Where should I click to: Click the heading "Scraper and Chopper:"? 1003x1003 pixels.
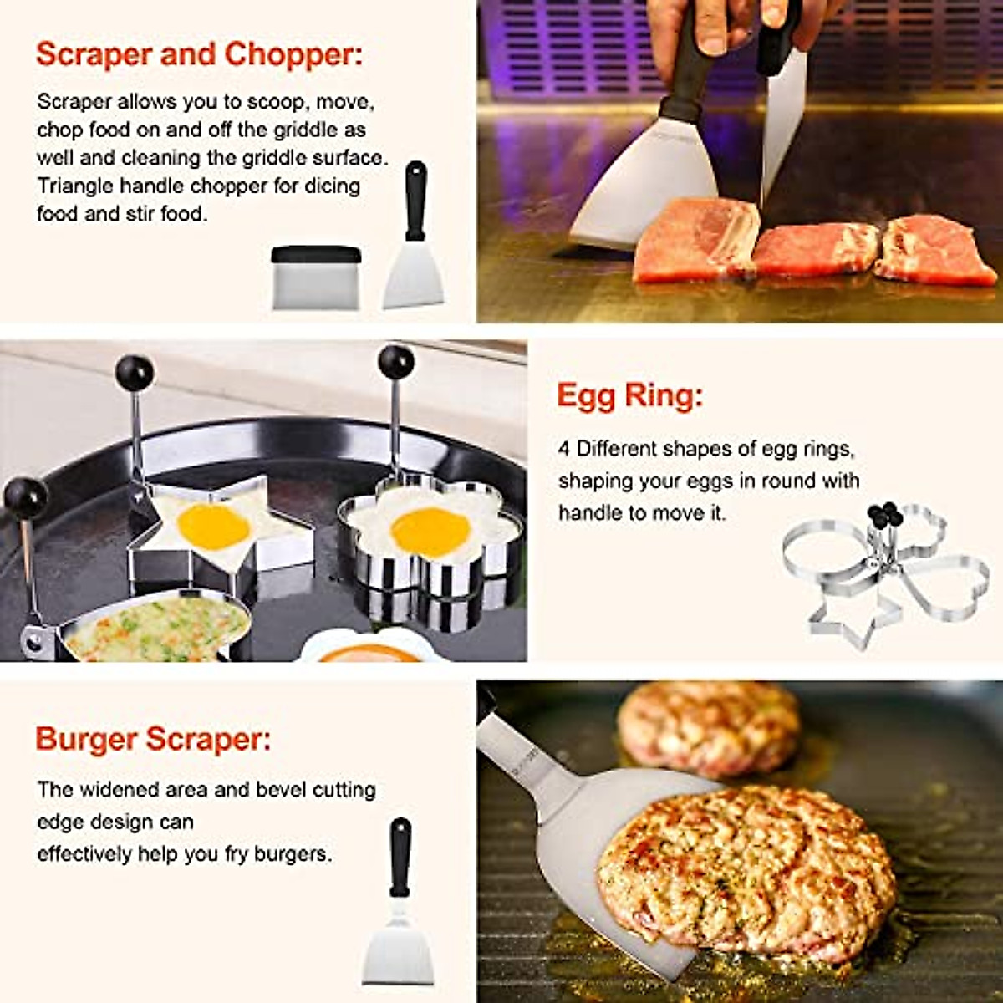pos(200,54)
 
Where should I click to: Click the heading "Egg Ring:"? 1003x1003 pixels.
pos(629,395)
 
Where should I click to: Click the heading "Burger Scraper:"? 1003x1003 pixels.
pos(153,739)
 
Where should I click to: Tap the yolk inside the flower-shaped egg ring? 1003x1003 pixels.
pos(430,532)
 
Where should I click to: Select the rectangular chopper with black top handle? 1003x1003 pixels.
pos(316,277)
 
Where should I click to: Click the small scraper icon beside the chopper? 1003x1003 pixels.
pos(414,242)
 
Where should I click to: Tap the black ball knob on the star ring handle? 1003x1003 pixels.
pos(135,373)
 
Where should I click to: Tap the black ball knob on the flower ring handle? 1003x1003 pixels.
pos(395,362)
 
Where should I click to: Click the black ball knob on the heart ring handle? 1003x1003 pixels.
pos(26,497)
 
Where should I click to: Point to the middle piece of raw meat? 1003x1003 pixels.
pos(816,248)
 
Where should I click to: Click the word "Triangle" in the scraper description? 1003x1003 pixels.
pos(74,186)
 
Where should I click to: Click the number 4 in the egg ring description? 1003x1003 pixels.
pos(564,449)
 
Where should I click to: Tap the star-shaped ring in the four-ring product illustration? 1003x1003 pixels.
pos(844,619)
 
